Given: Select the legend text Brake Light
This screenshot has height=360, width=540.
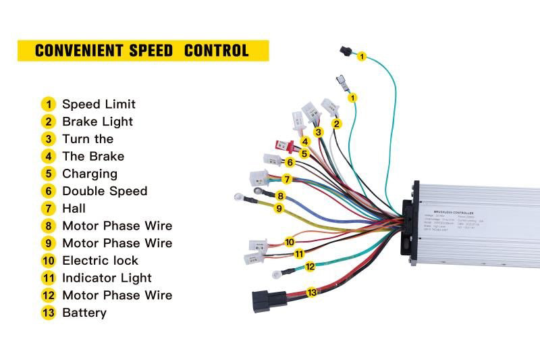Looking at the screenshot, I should [x=97, y=122].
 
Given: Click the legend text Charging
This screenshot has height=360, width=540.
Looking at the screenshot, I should [x=89, y=174].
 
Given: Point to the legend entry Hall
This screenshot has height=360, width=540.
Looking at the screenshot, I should [x=74, y=208].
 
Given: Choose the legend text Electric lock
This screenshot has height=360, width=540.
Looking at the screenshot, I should [x=100, y=260].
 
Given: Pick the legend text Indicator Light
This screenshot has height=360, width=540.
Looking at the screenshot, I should [x=107, y=278].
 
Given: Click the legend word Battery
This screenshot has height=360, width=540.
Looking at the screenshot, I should [x=84, y=313].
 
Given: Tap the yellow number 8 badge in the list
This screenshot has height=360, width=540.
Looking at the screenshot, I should [x=48, y=226].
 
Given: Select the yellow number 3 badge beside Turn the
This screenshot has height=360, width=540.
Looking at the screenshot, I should [x=48, y=139].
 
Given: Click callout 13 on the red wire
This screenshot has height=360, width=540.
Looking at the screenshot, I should [x=311, y=292].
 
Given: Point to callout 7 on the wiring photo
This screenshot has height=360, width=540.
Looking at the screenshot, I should [x=287, y=179].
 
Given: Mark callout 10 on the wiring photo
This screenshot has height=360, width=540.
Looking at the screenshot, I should [x=290, y=241].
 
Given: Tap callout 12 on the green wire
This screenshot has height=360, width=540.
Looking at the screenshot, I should [x=310, y=267].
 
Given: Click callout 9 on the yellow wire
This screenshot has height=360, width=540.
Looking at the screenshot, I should [x=278, y=208].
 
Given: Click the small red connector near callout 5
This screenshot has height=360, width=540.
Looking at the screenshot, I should [x=284, y=145].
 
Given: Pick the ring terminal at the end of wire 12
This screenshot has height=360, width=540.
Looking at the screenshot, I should [x=277, y=274].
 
